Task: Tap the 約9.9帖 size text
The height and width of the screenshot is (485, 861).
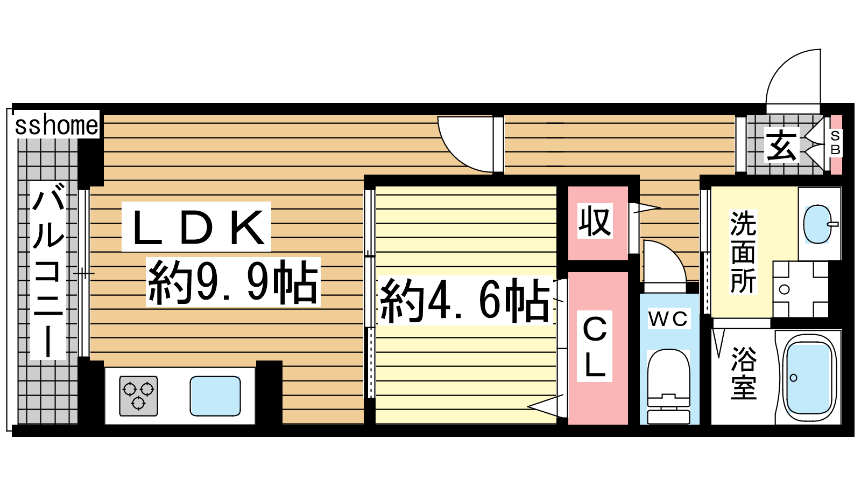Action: point(234,282)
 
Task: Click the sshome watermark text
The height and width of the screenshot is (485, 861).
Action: point(57,125)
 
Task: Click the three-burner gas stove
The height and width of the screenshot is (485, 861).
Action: point(138,396)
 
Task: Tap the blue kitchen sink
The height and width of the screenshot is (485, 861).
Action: point(215,396)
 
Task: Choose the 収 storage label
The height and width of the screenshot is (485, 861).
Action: point(595,221)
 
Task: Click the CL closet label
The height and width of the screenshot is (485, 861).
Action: point(594,346)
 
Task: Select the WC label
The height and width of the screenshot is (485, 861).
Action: point(668,318)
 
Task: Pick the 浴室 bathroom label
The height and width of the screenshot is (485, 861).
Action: point(744,373)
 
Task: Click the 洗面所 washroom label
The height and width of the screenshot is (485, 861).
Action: point(743,252)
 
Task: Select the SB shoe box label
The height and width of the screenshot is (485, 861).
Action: point(835,142)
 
